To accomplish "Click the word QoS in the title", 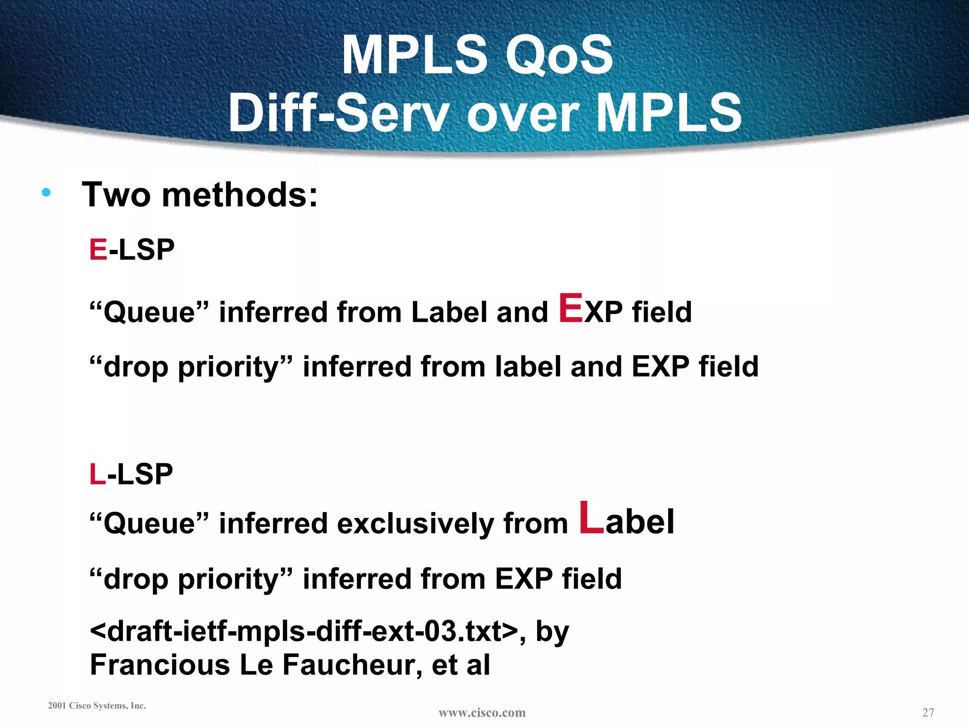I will [x=559, y=56].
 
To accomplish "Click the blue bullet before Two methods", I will [x=46, y=192].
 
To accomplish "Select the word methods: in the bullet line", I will [x=240, y=195].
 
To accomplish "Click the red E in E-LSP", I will [x=98, y=249].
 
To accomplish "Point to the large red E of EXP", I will [x=571, y=308].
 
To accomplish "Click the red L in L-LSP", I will [x=97, y=474].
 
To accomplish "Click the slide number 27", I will [x=928, y=712].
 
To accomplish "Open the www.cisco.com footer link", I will [x=482, y=712].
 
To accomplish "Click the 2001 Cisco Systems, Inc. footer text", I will [x=97, y=706].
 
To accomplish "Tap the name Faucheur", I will [x=352, y=665].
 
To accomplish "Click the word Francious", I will [x=159, y=665].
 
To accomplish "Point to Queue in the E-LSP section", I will [x=149, y=313].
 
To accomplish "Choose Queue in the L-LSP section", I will [x=149, y=524].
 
